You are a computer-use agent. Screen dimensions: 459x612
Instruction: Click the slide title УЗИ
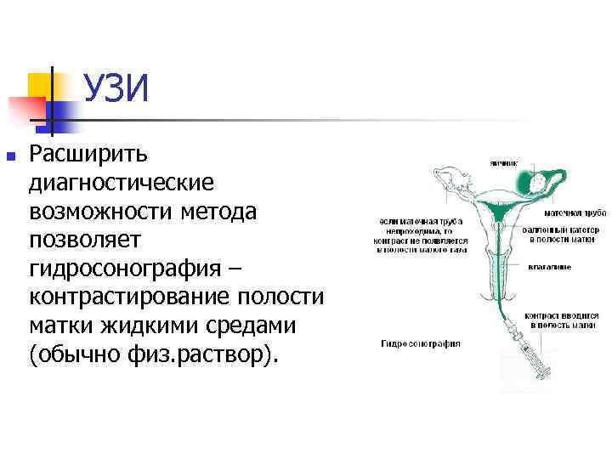(x=116, y=88)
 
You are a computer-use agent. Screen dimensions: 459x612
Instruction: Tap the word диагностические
(x=122, y=183)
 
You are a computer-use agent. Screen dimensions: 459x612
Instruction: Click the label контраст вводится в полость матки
(x=561, y=319)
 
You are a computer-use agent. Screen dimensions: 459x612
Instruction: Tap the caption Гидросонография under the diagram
(x=421, y=344)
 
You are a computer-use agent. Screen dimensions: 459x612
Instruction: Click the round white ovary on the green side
(x=538, y=181)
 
